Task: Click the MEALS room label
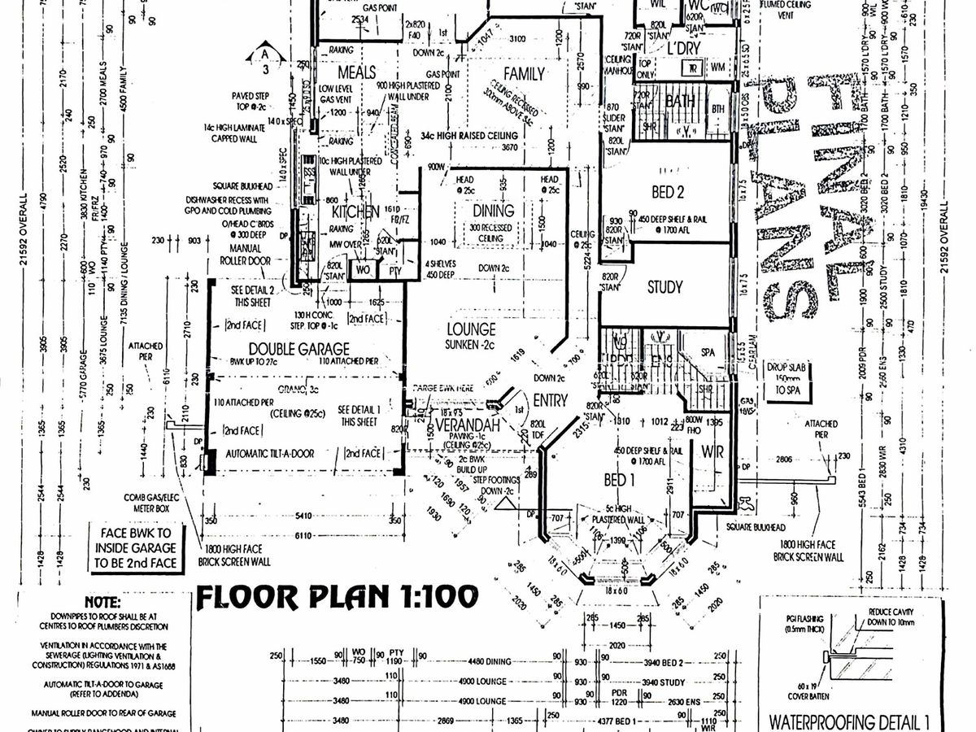pyautogui.click(x=356, y=72)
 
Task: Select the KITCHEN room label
pyautogui.click(x=355, y=211)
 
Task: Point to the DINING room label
pyautogui.click(x=494, y=211)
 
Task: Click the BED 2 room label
pyautogui.click(x=665, y=193)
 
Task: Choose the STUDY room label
pyautogui.click(x=664, y=287)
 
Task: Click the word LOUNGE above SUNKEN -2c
pyautogui.click(x=471, y=329)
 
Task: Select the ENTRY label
pyautogui.click(x=550, y=399)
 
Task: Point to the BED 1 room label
pyautogui.click(x=619, y=480)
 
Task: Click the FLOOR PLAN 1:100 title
pyautogui.click(x=337, y=597)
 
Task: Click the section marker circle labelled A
pyautogui.click(x=265, y=54)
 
